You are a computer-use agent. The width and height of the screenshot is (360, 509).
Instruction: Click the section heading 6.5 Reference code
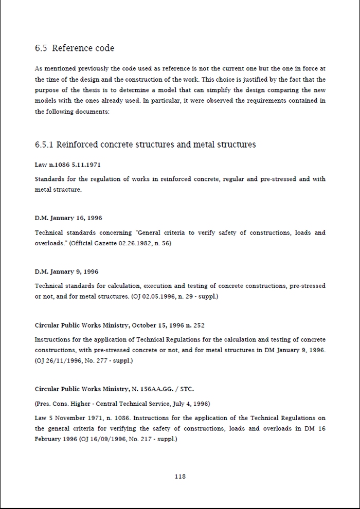(x=75, y=48)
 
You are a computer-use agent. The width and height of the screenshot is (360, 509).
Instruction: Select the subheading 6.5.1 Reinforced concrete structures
(x=145, y=144)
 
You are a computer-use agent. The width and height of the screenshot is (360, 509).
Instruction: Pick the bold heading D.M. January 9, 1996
(x=66, y=271)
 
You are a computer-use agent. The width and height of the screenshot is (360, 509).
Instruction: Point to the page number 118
(x=180, y=476)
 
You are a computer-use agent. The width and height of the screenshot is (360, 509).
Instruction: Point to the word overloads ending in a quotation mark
(x=50, y=243)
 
